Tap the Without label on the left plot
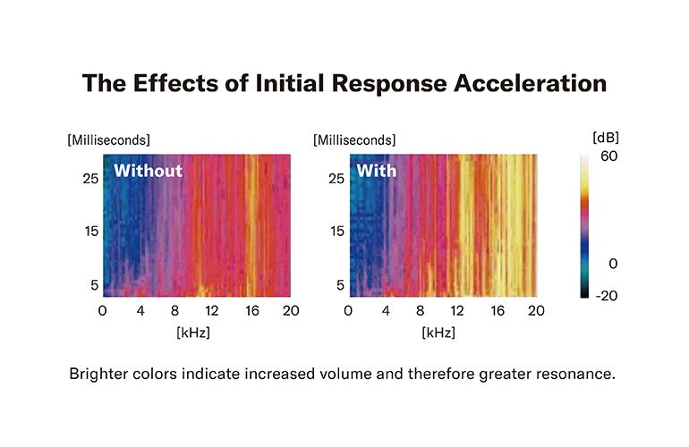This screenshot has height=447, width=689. [x=148, y=170]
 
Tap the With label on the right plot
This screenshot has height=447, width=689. [x=377, y=170]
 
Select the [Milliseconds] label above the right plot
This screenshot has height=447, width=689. [x=354, y=139]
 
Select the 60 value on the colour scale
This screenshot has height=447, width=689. [x=609, y=156]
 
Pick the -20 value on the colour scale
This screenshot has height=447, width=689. [x=608, y=296]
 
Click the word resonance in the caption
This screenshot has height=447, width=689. [x=577, y=374]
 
